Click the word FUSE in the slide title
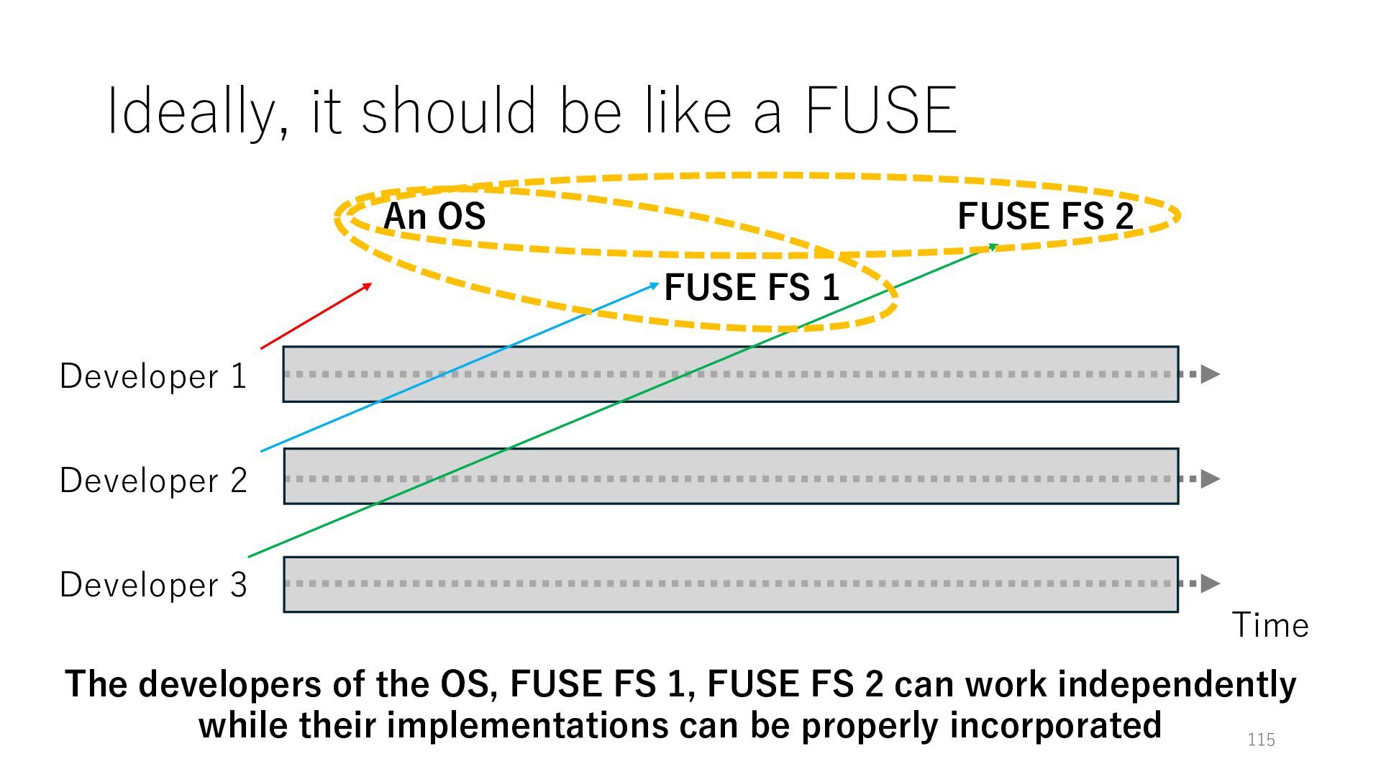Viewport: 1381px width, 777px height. tap(880, 111)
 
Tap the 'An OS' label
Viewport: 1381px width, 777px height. tap(434, 216)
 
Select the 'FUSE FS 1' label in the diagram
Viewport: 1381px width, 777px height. tap(752, 287)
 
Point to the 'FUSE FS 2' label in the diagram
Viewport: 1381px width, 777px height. tap(1045, 216)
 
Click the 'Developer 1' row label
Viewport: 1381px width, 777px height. tap(153, 376)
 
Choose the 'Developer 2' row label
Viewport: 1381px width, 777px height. tap(153, 481)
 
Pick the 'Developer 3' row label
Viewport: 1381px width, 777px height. tap(153, 585)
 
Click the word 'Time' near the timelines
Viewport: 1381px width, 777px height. tap(1270, 625)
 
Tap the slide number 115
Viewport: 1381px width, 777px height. tap(1261, 740)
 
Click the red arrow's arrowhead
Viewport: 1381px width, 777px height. tap(368, 286)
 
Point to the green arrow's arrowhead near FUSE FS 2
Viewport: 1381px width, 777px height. tap(993, 247)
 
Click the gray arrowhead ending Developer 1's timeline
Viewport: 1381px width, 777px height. tap(1211, 374)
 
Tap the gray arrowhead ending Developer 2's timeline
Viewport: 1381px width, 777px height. tap(1211, 478)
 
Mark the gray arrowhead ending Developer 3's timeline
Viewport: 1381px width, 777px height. tap(1211, 583)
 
